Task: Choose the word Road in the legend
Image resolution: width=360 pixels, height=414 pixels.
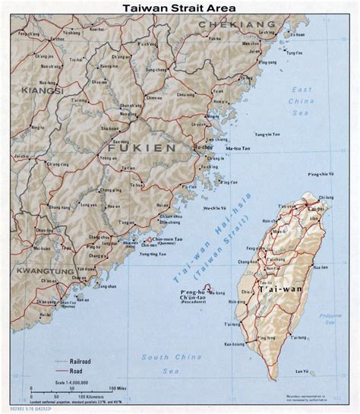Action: [x=79, y=373]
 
